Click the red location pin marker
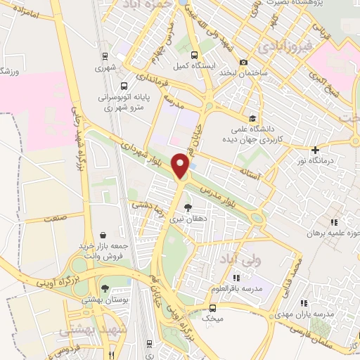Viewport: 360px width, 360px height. tap(182, 166)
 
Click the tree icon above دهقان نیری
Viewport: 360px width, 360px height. tap(188, 207)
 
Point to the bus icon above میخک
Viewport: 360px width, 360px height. tap(213, 308)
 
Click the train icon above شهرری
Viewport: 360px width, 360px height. tap(104, 58)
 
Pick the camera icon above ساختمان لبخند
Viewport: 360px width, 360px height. tap(244, 62)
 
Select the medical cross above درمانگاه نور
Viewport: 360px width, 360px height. tap(316, 149)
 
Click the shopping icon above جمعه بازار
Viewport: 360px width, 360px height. tap(103, 235)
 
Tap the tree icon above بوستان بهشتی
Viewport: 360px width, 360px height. tap(105, 288)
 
